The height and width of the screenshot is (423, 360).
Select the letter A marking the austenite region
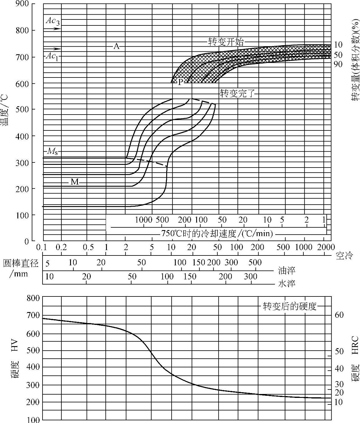pyautogui.click(x=117, y=46)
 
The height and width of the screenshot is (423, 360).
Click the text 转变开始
pyautogui.click(x=226, y=42)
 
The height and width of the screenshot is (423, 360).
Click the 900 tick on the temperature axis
pyautogui.click(x=22, y=4)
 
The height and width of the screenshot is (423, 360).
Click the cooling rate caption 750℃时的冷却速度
pyautogui.click(x=217, y=233)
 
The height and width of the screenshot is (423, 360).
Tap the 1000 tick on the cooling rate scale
pyautogui.click(x=144, y=220)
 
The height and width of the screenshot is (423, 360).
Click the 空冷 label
pyautogui.click(x=345, y=255)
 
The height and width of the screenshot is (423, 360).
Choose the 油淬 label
pyautogui.click(x=287, y=270)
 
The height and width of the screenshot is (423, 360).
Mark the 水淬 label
pyautogui.click(x=287, y=283)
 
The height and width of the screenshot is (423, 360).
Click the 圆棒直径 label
pyautogui.click(x=21, y=263)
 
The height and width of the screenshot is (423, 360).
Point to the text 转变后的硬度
pyautogui.click(x=290, y=306)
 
